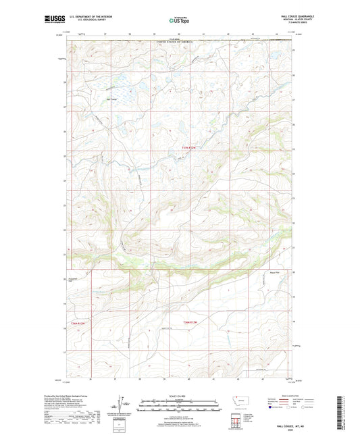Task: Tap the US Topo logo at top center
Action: point(180,20)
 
